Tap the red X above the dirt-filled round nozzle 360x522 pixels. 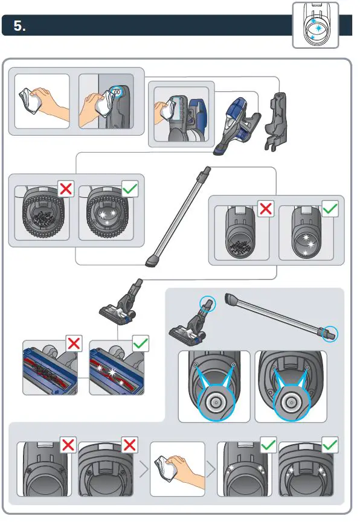[66, 188]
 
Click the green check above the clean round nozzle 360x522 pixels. [130, 188]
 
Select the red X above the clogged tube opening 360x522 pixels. [266, 209]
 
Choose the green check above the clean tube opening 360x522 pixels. [330, 209]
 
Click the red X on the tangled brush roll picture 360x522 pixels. [74, 344]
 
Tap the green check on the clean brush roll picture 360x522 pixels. [140, 344]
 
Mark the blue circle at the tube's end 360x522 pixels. [330, 333]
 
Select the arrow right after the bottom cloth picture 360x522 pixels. [210, 469]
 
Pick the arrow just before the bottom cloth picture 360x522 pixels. [144, 469]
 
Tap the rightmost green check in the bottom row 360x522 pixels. [330, 445]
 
